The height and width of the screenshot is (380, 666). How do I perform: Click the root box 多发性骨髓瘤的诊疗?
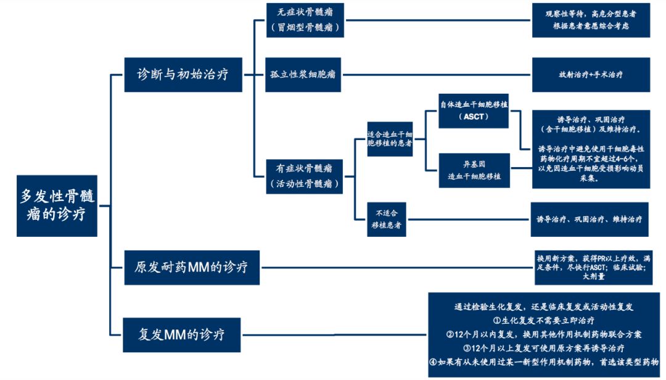(x=57, y=205)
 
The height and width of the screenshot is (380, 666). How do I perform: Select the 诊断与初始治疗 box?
(x=183, y=75)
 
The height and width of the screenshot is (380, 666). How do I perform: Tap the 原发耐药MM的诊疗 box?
(x=191, y=267)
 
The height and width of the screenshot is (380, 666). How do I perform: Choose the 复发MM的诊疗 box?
(x=181, y=335)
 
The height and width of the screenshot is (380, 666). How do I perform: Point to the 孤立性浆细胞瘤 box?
(x=303, y=75)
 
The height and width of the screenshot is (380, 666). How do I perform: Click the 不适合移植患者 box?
(x=387, y=220)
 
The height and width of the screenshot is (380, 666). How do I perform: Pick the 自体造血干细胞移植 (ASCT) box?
(x=474, y=110)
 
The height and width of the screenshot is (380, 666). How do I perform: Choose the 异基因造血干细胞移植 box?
(x=474, y=170)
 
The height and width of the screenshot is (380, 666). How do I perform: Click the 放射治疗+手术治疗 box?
(x=590, y=75)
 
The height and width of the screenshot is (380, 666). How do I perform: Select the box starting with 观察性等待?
(x=591, y=20)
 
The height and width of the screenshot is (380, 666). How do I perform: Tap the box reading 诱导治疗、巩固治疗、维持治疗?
(x=589, y=220)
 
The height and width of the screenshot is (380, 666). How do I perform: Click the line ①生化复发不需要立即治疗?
(x=544, y=320)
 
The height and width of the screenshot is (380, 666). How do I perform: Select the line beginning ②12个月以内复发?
(x=544, y=334)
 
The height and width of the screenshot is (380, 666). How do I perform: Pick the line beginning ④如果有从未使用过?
(x=544, y=362)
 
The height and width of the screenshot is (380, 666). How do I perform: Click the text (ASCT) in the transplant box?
(x=474, y=117)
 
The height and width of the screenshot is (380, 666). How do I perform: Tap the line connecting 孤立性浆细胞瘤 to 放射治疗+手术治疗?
(x=435, y=75)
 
